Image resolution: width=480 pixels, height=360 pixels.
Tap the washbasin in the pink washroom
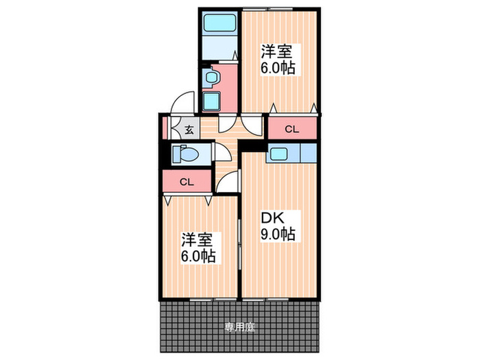pos(211,77)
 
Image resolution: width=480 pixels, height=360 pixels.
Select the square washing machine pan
pos(211,101)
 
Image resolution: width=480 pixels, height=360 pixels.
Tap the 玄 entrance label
pos(188,128)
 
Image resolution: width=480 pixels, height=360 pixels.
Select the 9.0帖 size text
pos(278,235)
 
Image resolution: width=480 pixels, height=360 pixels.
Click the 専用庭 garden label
pos(239,328)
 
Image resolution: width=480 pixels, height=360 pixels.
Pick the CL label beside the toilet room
pos(186,182)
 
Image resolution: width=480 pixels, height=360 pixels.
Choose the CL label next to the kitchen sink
pos(292,128)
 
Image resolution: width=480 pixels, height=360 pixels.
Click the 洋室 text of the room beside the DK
pos(195,241)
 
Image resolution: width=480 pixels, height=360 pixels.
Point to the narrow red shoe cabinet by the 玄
pos(165,128)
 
